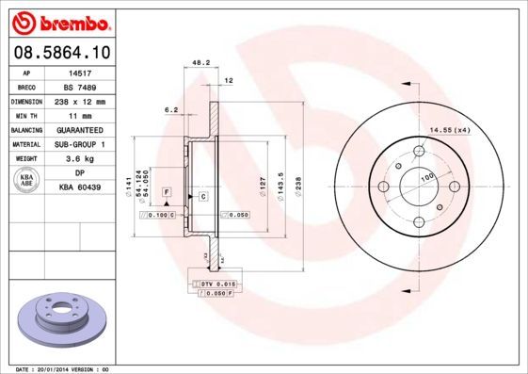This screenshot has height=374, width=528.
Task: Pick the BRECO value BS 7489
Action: (x=81, y=86)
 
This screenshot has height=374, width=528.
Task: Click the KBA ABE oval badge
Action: (x=26, y=181)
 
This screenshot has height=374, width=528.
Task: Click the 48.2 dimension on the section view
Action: (x=200, y=63)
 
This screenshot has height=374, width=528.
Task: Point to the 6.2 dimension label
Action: (x=171, y=110)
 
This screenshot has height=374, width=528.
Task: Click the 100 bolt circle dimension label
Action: (x=427, y=176)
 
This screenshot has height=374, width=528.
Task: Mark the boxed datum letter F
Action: (x=167, y=191)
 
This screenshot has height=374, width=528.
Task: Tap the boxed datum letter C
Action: (x=202, y=196)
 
